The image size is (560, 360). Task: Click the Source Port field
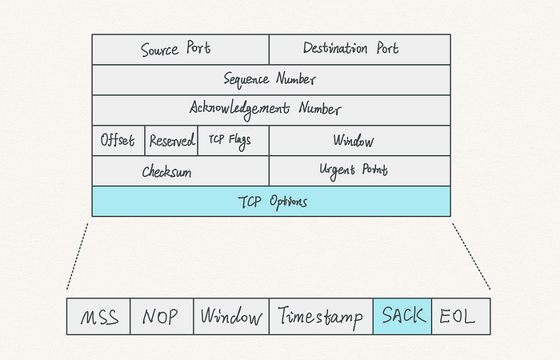180,50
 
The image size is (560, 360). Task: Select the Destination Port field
360,50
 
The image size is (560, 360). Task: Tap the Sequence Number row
271,80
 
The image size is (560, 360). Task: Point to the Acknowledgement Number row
271,110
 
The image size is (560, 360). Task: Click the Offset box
118,140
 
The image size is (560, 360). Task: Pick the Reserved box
171,140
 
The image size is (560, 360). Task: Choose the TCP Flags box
234,140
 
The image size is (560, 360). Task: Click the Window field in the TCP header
360,140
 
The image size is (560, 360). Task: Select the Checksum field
180,170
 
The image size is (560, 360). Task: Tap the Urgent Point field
360,170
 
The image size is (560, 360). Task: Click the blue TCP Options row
271,202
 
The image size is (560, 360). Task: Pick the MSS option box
98,317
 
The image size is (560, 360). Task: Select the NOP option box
162,317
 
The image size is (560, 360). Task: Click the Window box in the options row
231,317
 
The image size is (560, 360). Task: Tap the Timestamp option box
321,317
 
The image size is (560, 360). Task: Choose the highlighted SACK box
402,317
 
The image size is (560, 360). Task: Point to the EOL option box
461,317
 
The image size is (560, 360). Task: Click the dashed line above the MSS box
77,257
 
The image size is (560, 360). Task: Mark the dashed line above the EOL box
471,257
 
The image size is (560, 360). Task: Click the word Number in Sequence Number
296,78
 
